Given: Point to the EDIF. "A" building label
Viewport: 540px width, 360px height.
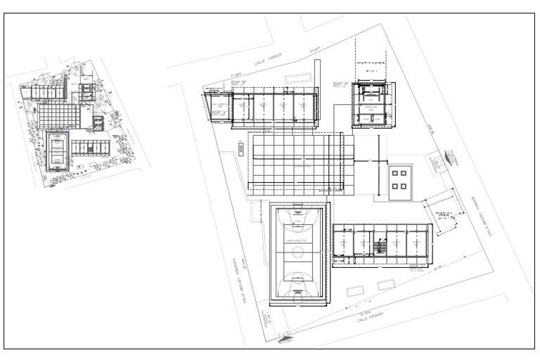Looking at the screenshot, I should (x=342, y=84).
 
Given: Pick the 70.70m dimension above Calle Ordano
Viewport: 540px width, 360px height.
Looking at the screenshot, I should (x=364, y=311).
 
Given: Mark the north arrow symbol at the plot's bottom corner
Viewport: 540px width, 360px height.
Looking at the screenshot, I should (x=284, y=337).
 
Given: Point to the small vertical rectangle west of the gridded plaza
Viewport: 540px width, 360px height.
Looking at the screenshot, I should (x=240, y=149).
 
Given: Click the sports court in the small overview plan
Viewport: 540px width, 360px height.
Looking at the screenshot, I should (x=58, y=151).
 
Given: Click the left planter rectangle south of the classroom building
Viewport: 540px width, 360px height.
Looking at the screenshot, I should (x=354, y=289).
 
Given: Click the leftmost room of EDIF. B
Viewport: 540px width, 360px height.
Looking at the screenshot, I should (x=219, y=110).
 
